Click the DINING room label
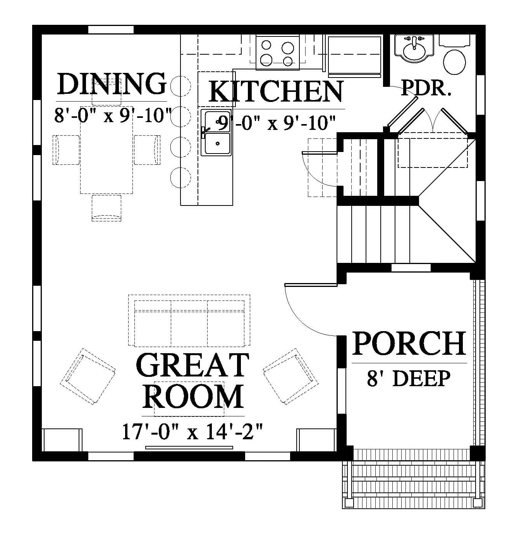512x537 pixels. coord(112,84)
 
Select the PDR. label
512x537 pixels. coord(426,88)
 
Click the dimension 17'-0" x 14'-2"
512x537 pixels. coord(192,432)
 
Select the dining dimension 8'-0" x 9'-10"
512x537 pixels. coord(112,115)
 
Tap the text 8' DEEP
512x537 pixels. coord(408,378)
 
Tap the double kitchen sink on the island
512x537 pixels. coord(216,133)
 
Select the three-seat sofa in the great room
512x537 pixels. coord(189,321)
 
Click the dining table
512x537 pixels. coord(107,150)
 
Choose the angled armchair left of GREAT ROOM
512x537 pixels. coord(88,376)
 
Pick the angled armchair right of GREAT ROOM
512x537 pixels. coord(290,376)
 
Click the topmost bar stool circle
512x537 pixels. coord(180,86)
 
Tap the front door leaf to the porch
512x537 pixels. coord(311,285)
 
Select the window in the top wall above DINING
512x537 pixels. coord(111,29)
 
